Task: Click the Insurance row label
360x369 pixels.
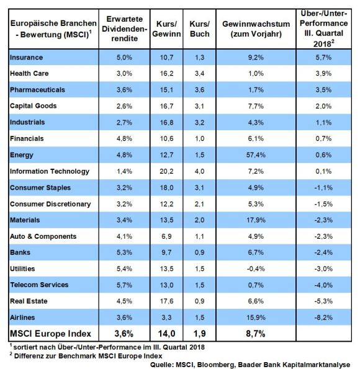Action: click(x=27, y=58)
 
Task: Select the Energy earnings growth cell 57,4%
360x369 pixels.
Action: click(x=256, y=155)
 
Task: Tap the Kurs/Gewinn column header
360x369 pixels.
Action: click(x=166, y=29)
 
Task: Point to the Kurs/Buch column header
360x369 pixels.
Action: click(x=200, y=29)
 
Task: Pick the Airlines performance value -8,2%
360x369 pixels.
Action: click(x=323, y=318)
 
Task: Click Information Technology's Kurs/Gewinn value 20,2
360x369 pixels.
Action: click(x=166, y=171)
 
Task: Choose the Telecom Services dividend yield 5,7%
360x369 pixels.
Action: click(x=124, y=285)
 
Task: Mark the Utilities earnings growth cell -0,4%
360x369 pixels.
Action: click(x=256, y=269)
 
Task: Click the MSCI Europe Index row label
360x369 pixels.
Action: click(x=50, y=334)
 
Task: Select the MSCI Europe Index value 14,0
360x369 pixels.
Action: click(x=166, y=334)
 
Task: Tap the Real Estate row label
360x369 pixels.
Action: click(x=29, y=301)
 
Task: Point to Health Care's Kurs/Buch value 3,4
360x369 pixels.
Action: click(x=200, y=74)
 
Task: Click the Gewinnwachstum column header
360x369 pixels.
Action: click(x=256, y=29)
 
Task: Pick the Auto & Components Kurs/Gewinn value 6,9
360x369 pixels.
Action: click(x=166, y=236)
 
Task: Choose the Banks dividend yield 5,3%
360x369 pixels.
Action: click(x=124, y=252)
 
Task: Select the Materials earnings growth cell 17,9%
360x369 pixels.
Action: click(x=256, y=220)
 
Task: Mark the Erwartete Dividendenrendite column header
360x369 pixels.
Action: click(x=124, y=29)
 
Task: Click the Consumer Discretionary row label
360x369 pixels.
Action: click(x=50, y=204)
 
